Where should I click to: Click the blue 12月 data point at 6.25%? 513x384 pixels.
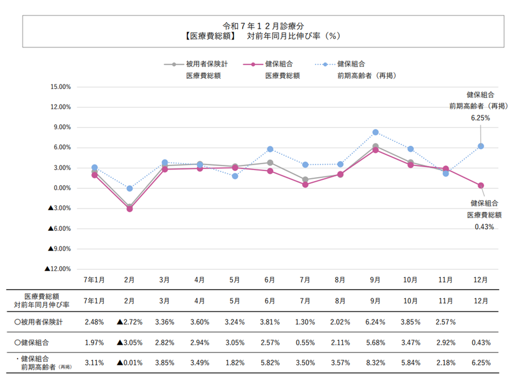pos(480,146)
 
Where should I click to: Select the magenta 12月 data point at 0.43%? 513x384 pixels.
pos(480,186)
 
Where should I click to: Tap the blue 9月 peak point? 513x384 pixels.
pos(376,132)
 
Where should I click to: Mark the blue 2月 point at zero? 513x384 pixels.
pos(129,188)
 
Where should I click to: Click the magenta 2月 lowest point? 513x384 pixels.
pos(129,209)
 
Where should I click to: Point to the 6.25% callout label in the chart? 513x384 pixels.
pos(480,118)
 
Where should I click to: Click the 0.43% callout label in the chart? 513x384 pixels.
pos(484,227)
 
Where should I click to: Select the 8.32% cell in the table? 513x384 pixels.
pos(376,363)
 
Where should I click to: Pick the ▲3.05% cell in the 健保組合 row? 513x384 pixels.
pos(129,342)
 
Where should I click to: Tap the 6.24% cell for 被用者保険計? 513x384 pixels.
pos(376,322)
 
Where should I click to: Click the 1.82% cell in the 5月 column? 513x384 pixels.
pos(235,363)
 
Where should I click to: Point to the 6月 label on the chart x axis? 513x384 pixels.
pos(270,279)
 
